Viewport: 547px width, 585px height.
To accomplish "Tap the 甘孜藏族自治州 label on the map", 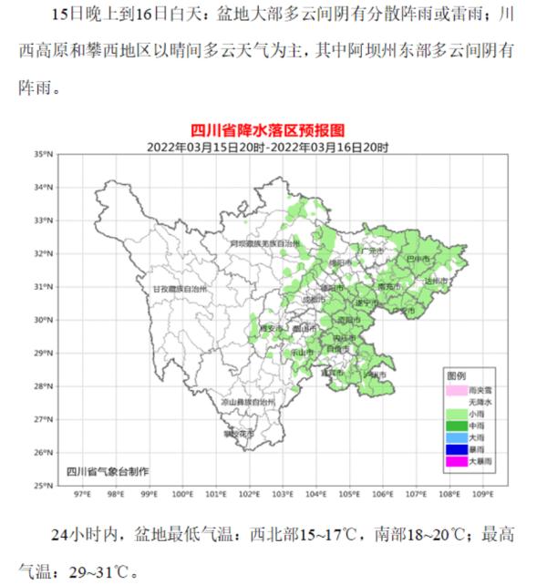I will [179, 288].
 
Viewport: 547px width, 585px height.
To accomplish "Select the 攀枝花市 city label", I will [239, 434].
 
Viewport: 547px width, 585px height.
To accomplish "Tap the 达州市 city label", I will [437, 282].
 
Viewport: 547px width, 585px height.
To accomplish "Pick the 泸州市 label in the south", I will [375, 374].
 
